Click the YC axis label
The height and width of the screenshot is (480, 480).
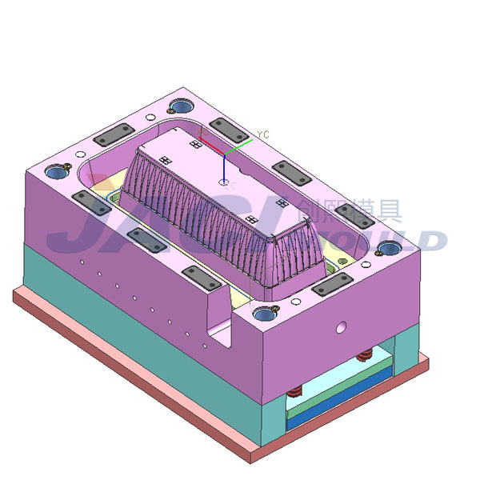(264, 134)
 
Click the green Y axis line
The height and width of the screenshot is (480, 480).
(239, 146)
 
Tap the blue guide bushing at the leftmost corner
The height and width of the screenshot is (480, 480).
(55, 171)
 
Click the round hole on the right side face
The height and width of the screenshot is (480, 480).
(342, 326)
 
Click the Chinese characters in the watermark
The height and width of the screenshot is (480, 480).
(348, 210)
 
